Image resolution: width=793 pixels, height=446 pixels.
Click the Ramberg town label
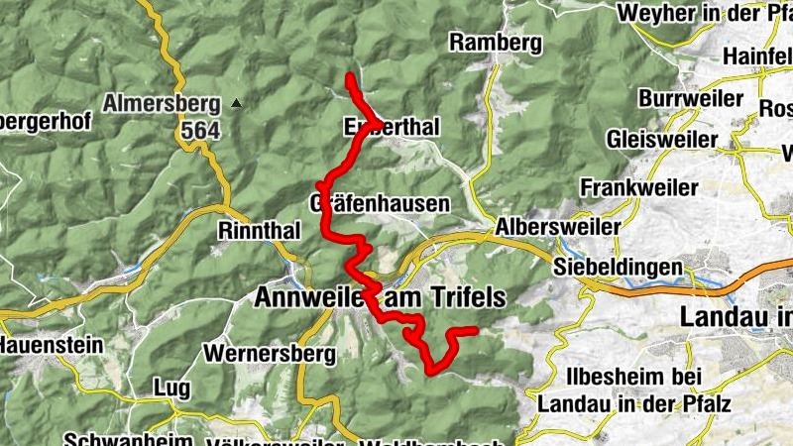(496, 42)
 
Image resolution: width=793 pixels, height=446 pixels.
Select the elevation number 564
(200, 130)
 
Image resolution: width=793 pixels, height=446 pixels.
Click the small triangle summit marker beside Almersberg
(236, 103)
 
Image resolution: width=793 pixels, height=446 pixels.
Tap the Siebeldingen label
(619, 268)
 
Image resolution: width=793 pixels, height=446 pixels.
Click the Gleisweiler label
(661, 136)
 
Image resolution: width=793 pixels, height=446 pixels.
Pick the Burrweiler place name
(692, 99)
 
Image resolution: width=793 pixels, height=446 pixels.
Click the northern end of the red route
(349, 76)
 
